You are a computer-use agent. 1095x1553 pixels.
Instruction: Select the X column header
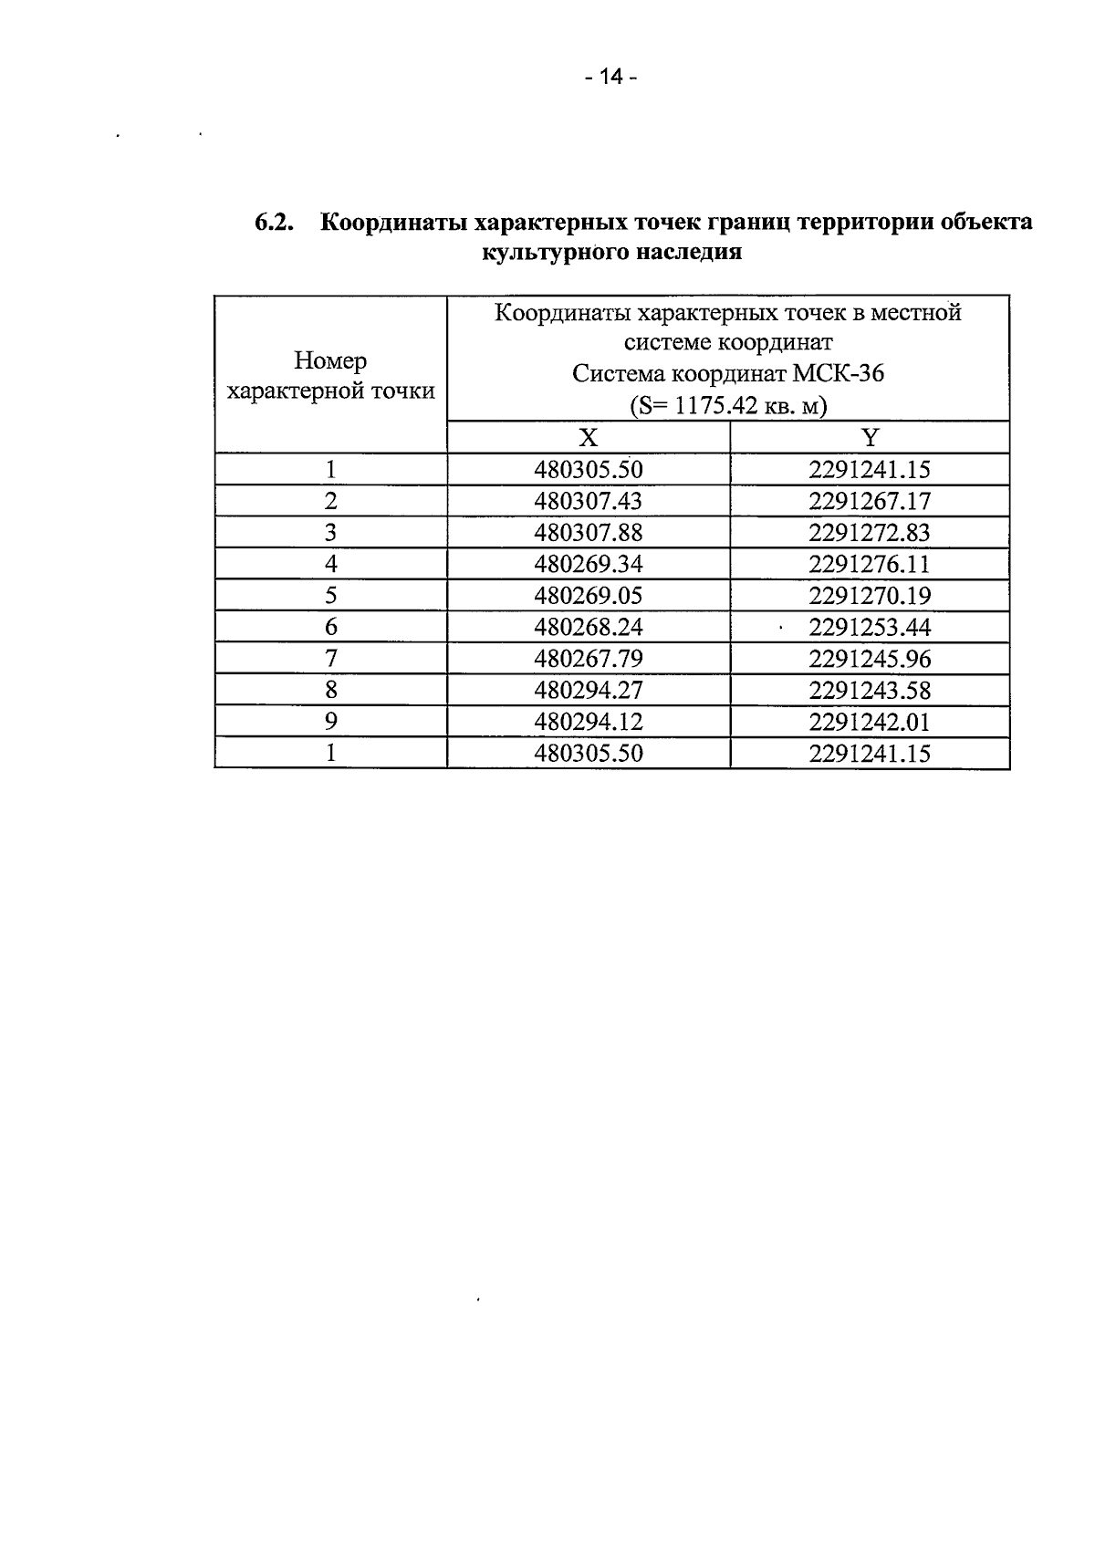(589, 438)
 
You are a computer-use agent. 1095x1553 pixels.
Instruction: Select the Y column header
(870, 438)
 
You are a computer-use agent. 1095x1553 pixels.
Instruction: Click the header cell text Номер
(330, 361)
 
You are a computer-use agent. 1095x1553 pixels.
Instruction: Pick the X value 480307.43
(589, 501)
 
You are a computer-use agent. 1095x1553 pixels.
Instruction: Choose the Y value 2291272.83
(870, 533)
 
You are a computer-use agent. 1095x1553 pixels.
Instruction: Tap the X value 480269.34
(589, 564)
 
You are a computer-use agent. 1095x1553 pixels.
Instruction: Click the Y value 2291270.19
(870, 596)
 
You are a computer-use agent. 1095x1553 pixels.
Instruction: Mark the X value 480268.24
(589, 627)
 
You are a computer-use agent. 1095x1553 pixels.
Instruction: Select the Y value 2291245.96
(870, 659)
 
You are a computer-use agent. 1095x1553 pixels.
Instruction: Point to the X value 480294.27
(589, 691)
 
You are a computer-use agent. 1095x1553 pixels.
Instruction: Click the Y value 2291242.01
(870, 722)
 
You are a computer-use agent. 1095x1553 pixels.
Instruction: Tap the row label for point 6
(330, 627)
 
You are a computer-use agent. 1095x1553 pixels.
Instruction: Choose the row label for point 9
(330, 722)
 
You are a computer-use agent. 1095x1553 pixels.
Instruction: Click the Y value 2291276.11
(870, 564)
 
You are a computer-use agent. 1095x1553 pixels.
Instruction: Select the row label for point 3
(330, 533)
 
